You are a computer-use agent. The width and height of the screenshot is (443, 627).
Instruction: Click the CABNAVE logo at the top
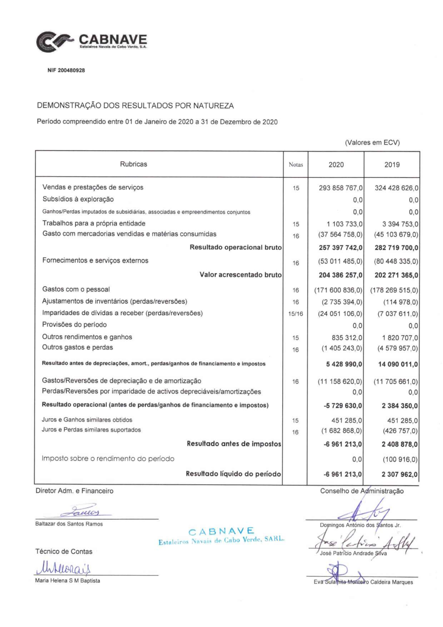(92, 42)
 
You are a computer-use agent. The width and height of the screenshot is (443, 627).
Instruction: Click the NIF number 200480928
(66, 70)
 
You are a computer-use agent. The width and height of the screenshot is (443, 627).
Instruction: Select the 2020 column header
(336, 165)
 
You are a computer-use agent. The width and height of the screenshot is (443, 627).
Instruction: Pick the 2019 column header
(392, 165)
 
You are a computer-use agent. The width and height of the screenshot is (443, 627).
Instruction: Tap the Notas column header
(295, 165)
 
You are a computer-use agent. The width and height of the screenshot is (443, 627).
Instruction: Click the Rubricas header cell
(133, 164)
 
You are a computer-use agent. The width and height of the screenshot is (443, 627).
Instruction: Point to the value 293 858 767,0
(340, 188)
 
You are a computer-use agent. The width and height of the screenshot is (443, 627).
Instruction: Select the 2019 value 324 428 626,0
(396, 188)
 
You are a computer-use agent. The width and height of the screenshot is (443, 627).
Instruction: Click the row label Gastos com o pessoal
(76, 289)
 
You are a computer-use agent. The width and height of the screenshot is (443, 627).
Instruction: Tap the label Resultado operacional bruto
(235, 247)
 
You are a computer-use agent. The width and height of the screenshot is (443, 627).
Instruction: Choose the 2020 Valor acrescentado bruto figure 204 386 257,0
(340, 275)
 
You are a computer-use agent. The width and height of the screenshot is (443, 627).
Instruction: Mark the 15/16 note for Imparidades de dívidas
(295, 314)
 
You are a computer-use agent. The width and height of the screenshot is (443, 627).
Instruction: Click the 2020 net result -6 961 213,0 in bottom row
(342, 474)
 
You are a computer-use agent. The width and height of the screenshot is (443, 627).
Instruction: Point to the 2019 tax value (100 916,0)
(400, 460)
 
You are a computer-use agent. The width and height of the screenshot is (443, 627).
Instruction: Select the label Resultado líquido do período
(233, 474)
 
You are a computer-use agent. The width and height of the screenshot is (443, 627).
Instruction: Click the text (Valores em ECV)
(372, 143)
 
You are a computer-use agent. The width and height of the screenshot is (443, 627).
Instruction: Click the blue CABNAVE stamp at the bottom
(221, 535)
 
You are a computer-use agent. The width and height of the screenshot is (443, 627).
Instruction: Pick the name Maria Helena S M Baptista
(67, 581)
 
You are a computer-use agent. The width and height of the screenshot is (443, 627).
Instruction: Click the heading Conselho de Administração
(361, 491)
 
